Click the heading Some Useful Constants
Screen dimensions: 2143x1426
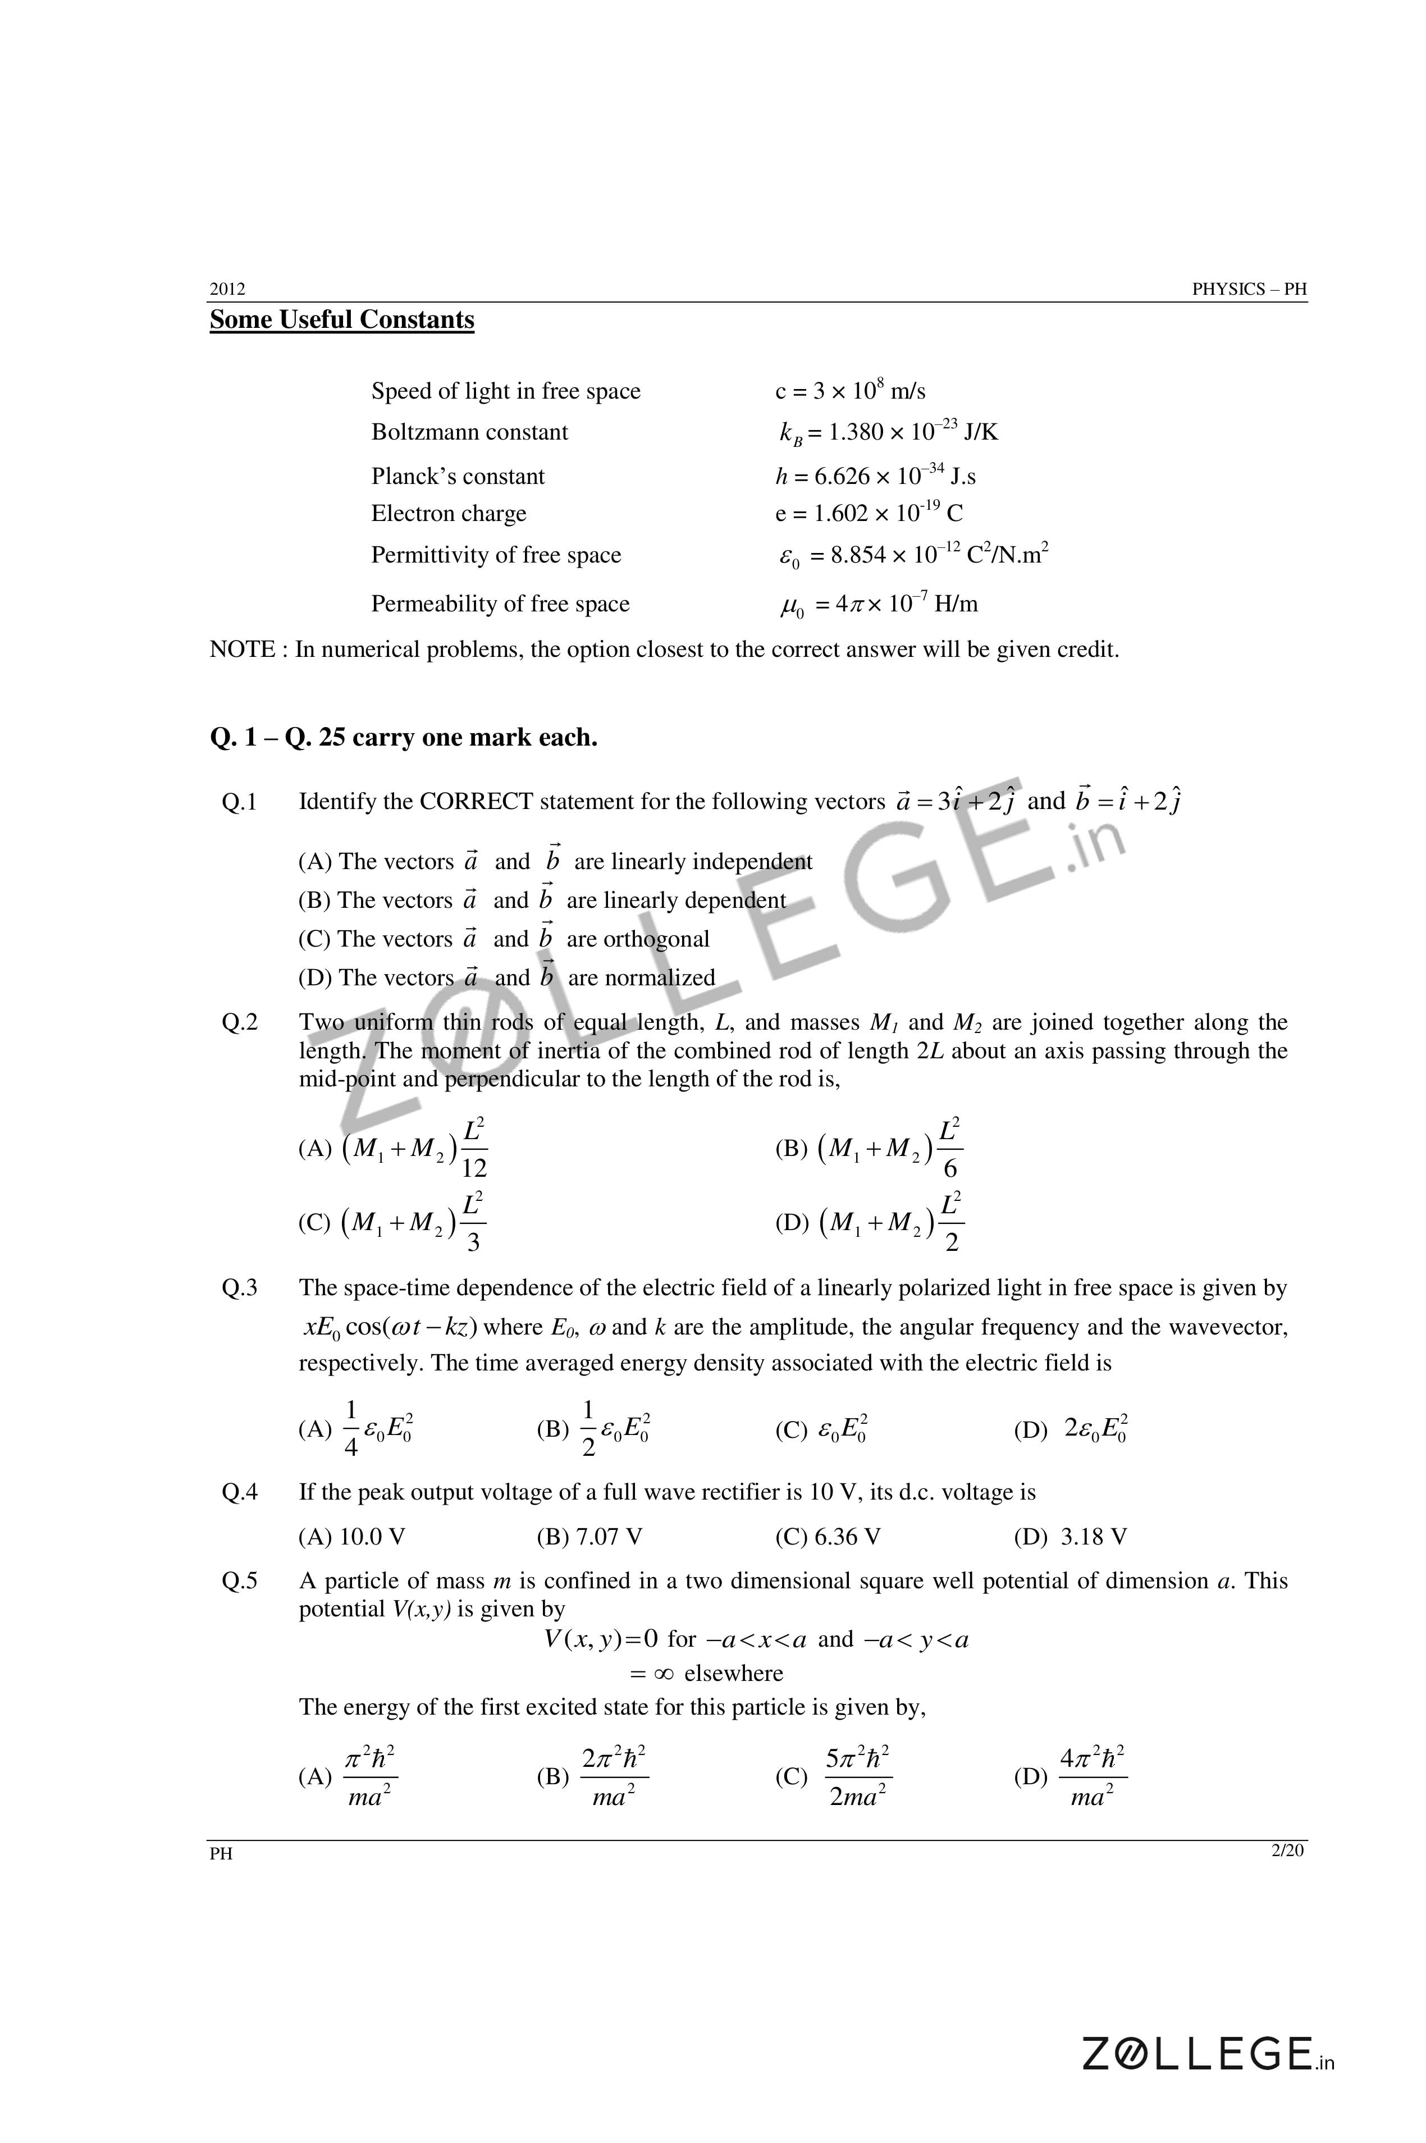(x=342, y=320)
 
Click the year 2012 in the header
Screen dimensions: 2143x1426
(x=227, y=289)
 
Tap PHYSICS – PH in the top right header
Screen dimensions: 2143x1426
(x=1250, y=289)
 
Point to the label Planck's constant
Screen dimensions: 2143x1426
(x=458, y=477)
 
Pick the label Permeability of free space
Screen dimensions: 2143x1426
(x=500, y=604)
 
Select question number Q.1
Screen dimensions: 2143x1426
(x=239, y=802)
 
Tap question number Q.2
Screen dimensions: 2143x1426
(x=239, y=1023)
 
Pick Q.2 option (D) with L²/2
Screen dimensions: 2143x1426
(x=870, y=1223)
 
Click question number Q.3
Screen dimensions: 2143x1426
(x=239, y=1288)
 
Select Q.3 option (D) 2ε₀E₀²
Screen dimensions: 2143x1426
(x=1071, y=1429)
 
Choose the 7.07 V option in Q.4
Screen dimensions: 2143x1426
(x=589, y=1537)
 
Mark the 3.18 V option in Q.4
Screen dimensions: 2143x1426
(x=1071, y=1537)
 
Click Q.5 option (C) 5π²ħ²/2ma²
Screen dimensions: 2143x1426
(x=833, y=1776)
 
